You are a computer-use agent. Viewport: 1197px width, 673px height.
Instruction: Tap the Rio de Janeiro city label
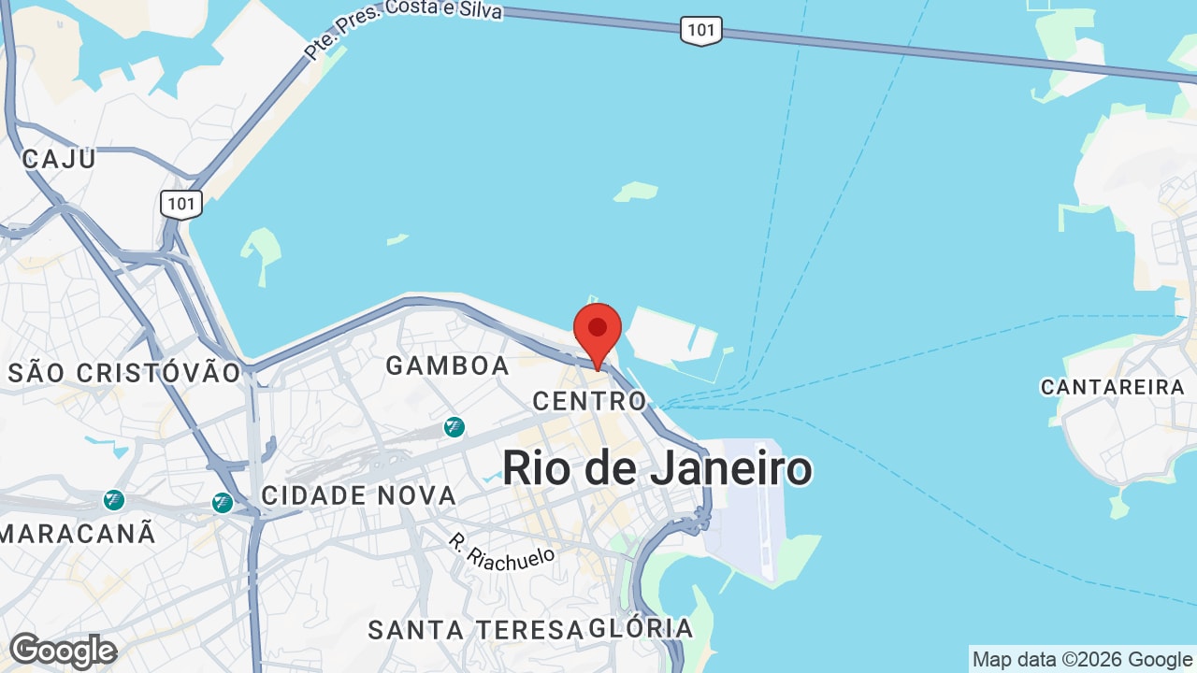656,467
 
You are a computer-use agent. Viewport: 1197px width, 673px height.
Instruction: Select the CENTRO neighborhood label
589,401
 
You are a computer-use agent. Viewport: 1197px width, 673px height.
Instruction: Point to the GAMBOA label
448,365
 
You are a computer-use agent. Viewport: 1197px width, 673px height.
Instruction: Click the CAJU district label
59,158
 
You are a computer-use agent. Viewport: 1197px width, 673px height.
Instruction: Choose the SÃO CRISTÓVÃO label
124,373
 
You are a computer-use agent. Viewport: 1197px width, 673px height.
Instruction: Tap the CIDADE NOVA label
359,495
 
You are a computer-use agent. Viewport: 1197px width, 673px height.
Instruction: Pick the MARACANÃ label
78,534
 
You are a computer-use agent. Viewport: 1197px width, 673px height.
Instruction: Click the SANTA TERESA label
475,630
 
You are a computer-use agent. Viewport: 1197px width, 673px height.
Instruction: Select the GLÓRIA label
642,628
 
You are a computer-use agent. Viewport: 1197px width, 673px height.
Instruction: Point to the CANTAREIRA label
1113,387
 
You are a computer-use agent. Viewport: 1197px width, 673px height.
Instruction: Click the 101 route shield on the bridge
700,31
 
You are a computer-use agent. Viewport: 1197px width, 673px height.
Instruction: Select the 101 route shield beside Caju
181,204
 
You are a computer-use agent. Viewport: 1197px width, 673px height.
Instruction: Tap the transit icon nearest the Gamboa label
454,427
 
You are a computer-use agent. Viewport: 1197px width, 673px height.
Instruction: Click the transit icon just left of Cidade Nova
222,503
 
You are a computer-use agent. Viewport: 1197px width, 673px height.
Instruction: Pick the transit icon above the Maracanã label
114,500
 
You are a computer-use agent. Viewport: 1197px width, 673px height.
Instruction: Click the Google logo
63,651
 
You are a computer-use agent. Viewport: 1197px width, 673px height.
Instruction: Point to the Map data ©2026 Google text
1082,659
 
